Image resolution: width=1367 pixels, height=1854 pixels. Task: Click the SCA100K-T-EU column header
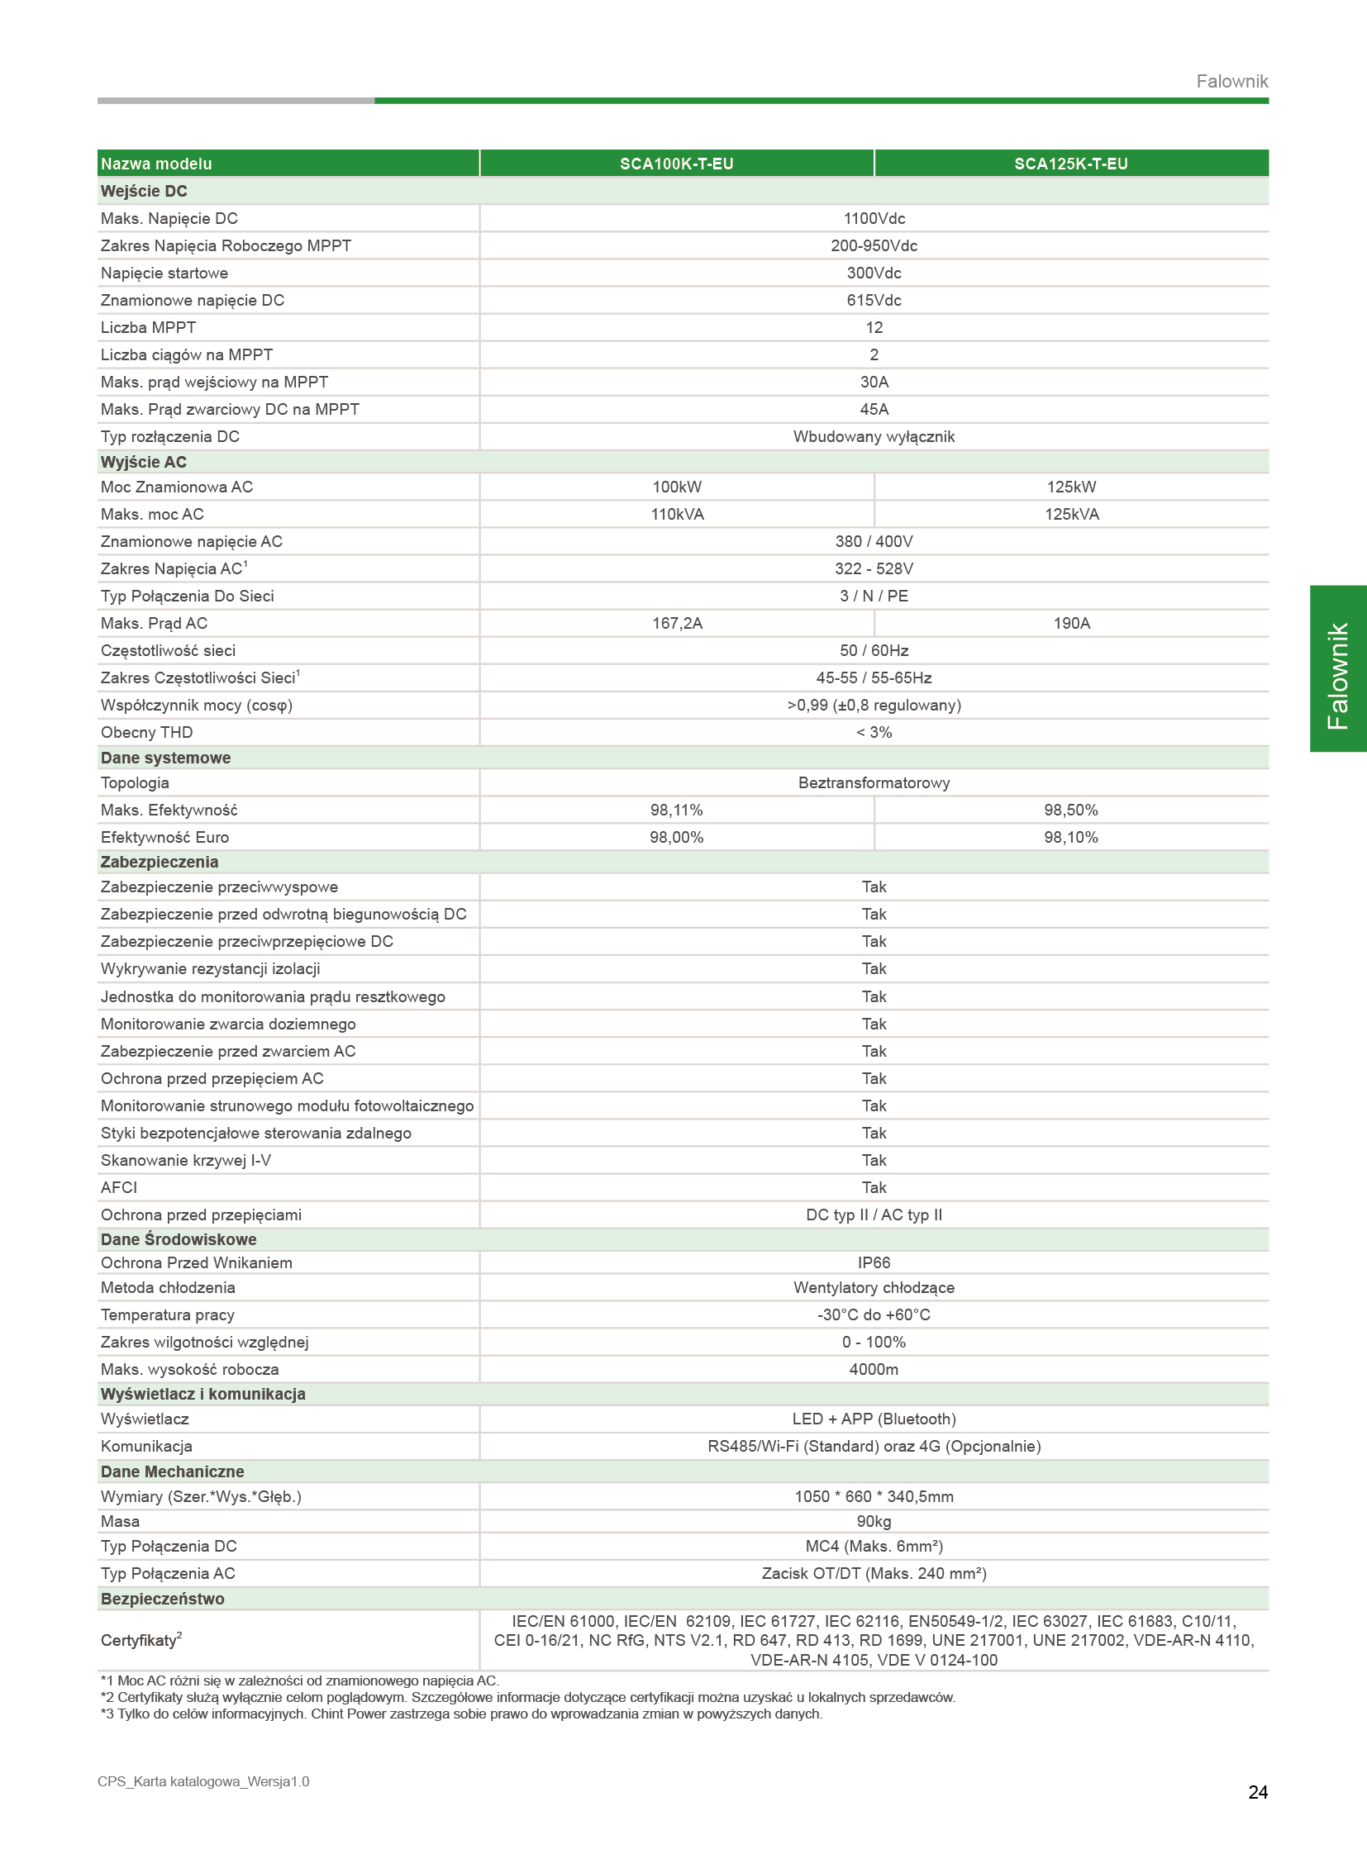click(676, 164)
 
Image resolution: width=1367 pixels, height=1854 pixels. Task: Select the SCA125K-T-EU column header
click(1071, 164)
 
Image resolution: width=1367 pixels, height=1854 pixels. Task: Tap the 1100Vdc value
click(874, 218)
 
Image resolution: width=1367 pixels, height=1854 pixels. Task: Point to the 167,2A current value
click(677, 623)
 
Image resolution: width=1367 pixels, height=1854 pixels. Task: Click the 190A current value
click(1071, 623)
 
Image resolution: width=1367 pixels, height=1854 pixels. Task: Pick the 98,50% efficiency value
click(1071, 810)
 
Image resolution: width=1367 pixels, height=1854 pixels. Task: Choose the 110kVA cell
click(677, 514)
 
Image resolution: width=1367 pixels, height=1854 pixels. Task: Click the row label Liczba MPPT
click(148, 328)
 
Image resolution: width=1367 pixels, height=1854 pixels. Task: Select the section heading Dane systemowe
click(165, 758)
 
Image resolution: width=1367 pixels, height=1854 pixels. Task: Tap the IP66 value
click(874, 1262)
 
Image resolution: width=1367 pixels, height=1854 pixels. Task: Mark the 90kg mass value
click(874, 1521)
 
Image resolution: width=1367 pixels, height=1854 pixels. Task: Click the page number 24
click(1258, 1792)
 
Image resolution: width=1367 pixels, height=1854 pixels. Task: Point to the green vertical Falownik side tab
click(1337, 668)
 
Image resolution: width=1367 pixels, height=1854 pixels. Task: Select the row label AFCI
click(119, 1187)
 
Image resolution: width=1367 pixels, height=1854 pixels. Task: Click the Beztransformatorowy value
click(874, 782)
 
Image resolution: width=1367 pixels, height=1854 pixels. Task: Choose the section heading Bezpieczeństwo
click(162, 1599)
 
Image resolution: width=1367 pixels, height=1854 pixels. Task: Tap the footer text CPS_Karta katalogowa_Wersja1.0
click(203, 1781)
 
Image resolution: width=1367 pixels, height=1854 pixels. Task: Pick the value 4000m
click(874, 1369)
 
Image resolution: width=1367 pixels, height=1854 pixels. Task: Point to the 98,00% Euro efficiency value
click(677, 837)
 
